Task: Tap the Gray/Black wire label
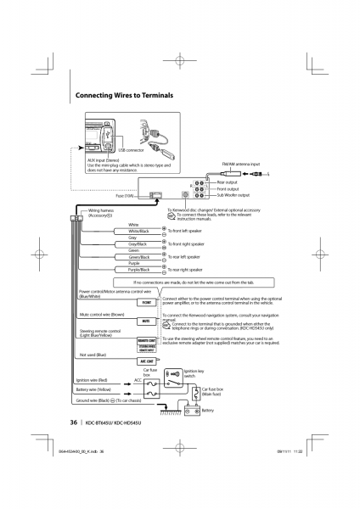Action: [x=138, y=245]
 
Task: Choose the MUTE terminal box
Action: [x=145, y=322]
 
